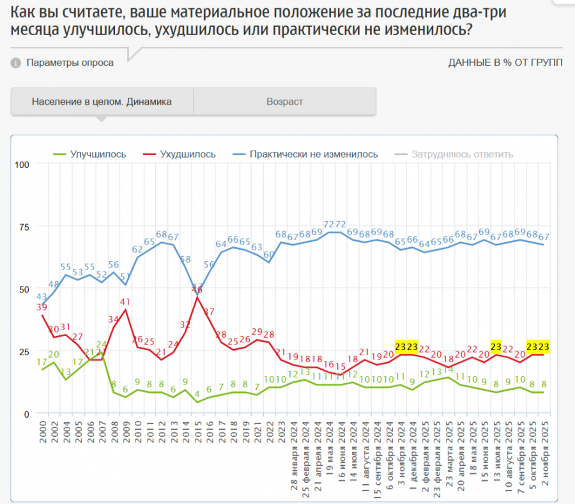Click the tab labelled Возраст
pos(285,102)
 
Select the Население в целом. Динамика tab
pos(102,102)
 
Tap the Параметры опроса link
pos(70,63)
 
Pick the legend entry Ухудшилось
pos(188,154)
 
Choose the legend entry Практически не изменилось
pos(314,154)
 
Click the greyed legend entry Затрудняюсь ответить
pos(462,154)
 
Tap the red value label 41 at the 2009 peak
pos(125,302)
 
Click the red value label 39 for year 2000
pos(43,307)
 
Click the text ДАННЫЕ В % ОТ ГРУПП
pos(505,63)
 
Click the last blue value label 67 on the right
pos(544,237)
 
